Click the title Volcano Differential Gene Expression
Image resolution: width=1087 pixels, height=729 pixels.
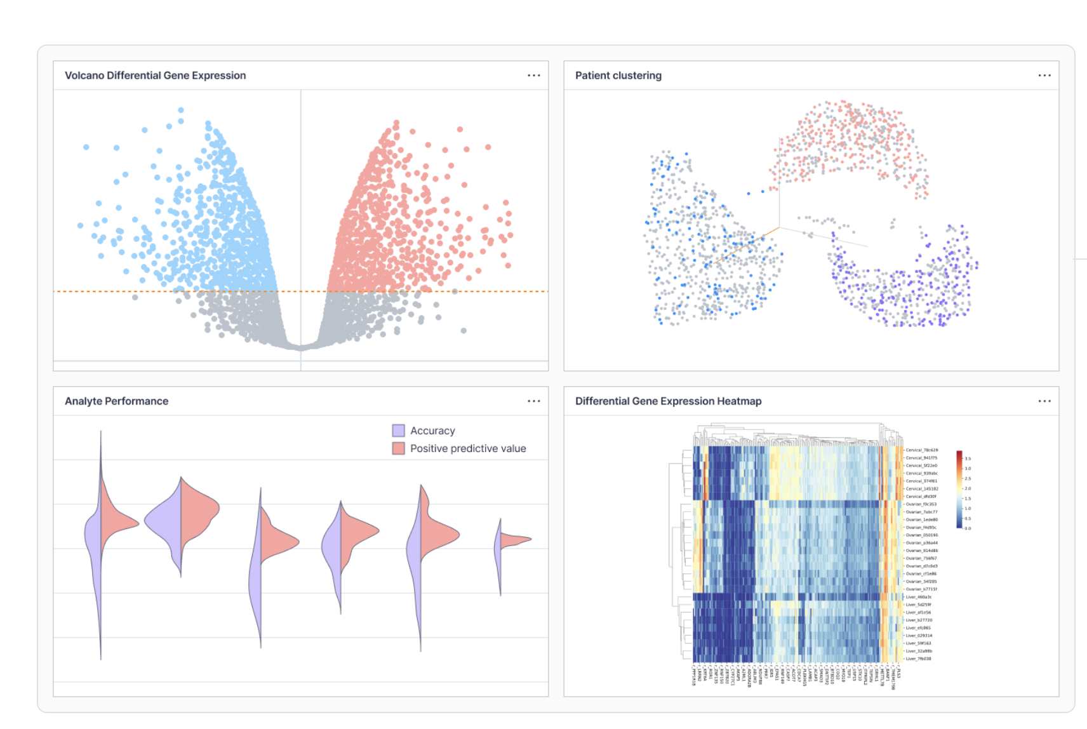point(155,76)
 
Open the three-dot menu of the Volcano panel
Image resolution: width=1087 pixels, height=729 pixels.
point(533,76)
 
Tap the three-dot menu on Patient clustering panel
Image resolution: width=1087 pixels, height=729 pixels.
point(1044,76)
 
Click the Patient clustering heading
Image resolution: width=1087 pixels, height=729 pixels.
point(618,76)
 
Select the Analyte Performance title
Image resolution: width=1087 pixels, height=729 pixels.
point(116,401)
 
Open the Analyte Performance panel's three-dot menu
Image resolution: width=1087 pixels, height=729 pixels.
point(533,401)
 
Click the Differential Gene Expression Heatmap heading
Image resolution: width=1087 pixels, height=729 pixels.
point(668,401)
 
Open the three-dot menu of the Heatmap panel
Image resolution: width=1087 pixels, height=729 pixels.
point(1044,401)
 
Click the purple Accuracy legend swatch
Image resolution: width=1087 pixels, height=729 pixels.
point(398,431)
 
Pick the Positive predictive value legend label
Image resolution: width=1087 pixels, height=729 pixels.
point(468,448)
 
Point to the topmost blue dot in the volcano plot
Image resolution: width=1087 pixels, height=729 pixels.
point(181,110)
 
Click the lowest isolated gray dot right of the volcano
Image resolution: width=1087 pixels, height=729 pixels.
point(463,331)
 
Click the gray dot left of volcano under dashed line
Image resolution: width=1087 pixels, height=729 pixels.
point(135,297)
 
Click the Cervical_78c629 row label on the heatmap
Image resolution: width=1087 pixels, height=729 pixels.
point(921,450)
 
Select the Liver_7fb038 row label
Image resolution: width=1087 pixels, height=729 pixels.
point(918,659)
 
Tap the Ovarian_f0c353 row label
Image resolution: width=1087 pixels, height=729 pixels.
point(921,504)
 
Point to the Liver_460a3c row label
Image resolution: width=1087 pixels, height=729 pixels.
point(918,597)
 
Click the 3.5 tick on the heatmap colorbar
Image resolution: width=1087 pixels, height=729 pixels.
point(968,458)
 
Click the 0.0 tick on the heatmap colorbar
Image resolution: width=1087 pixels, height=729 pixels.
point(968,528)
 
